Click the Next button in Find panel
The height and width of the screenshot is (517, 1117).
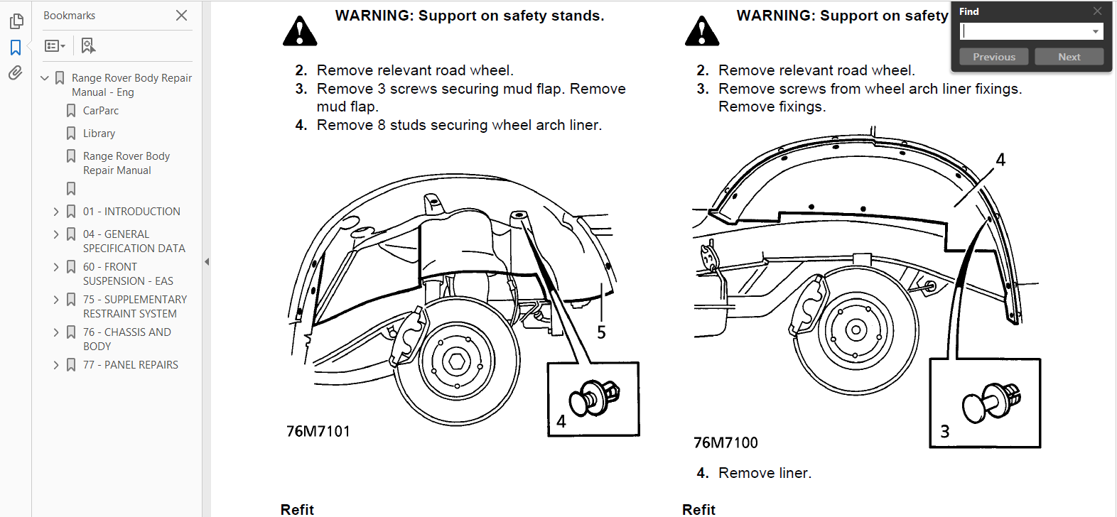[1069, 57]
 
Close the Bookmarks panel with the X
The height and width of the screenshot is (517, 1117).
[182, 15]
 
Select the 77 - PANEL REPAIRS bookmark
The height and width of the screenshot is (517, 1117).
[130, 365]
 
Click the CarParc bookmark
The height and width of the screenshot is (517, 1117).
[100, 111]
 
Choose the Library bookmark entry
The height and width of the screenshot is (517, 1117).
[99, 134]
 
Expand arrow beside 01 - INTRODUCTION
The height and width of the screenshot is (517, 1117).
[56, 212]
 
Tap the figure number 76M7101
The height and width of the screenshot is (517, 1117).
[318, 431]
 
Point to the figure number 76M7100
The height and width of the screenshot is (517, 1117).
[725, 442]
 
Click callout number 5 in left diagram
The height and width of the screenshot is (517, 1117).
[601, 332]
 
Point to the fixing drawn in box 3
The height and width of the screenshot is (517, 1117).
[992, 402]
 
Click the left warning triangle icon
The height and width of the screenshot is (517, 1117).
[300, 31]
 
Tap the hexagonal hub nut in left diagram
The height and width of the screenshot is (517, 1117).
[457, 361]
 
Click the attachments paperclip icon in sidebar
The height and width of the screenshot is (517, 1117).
[15, 73]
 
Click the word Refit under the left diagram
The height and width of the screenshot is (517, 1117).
[297, 509]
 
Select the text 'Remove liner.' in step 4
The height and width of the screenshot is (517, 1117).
[765, 473]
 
